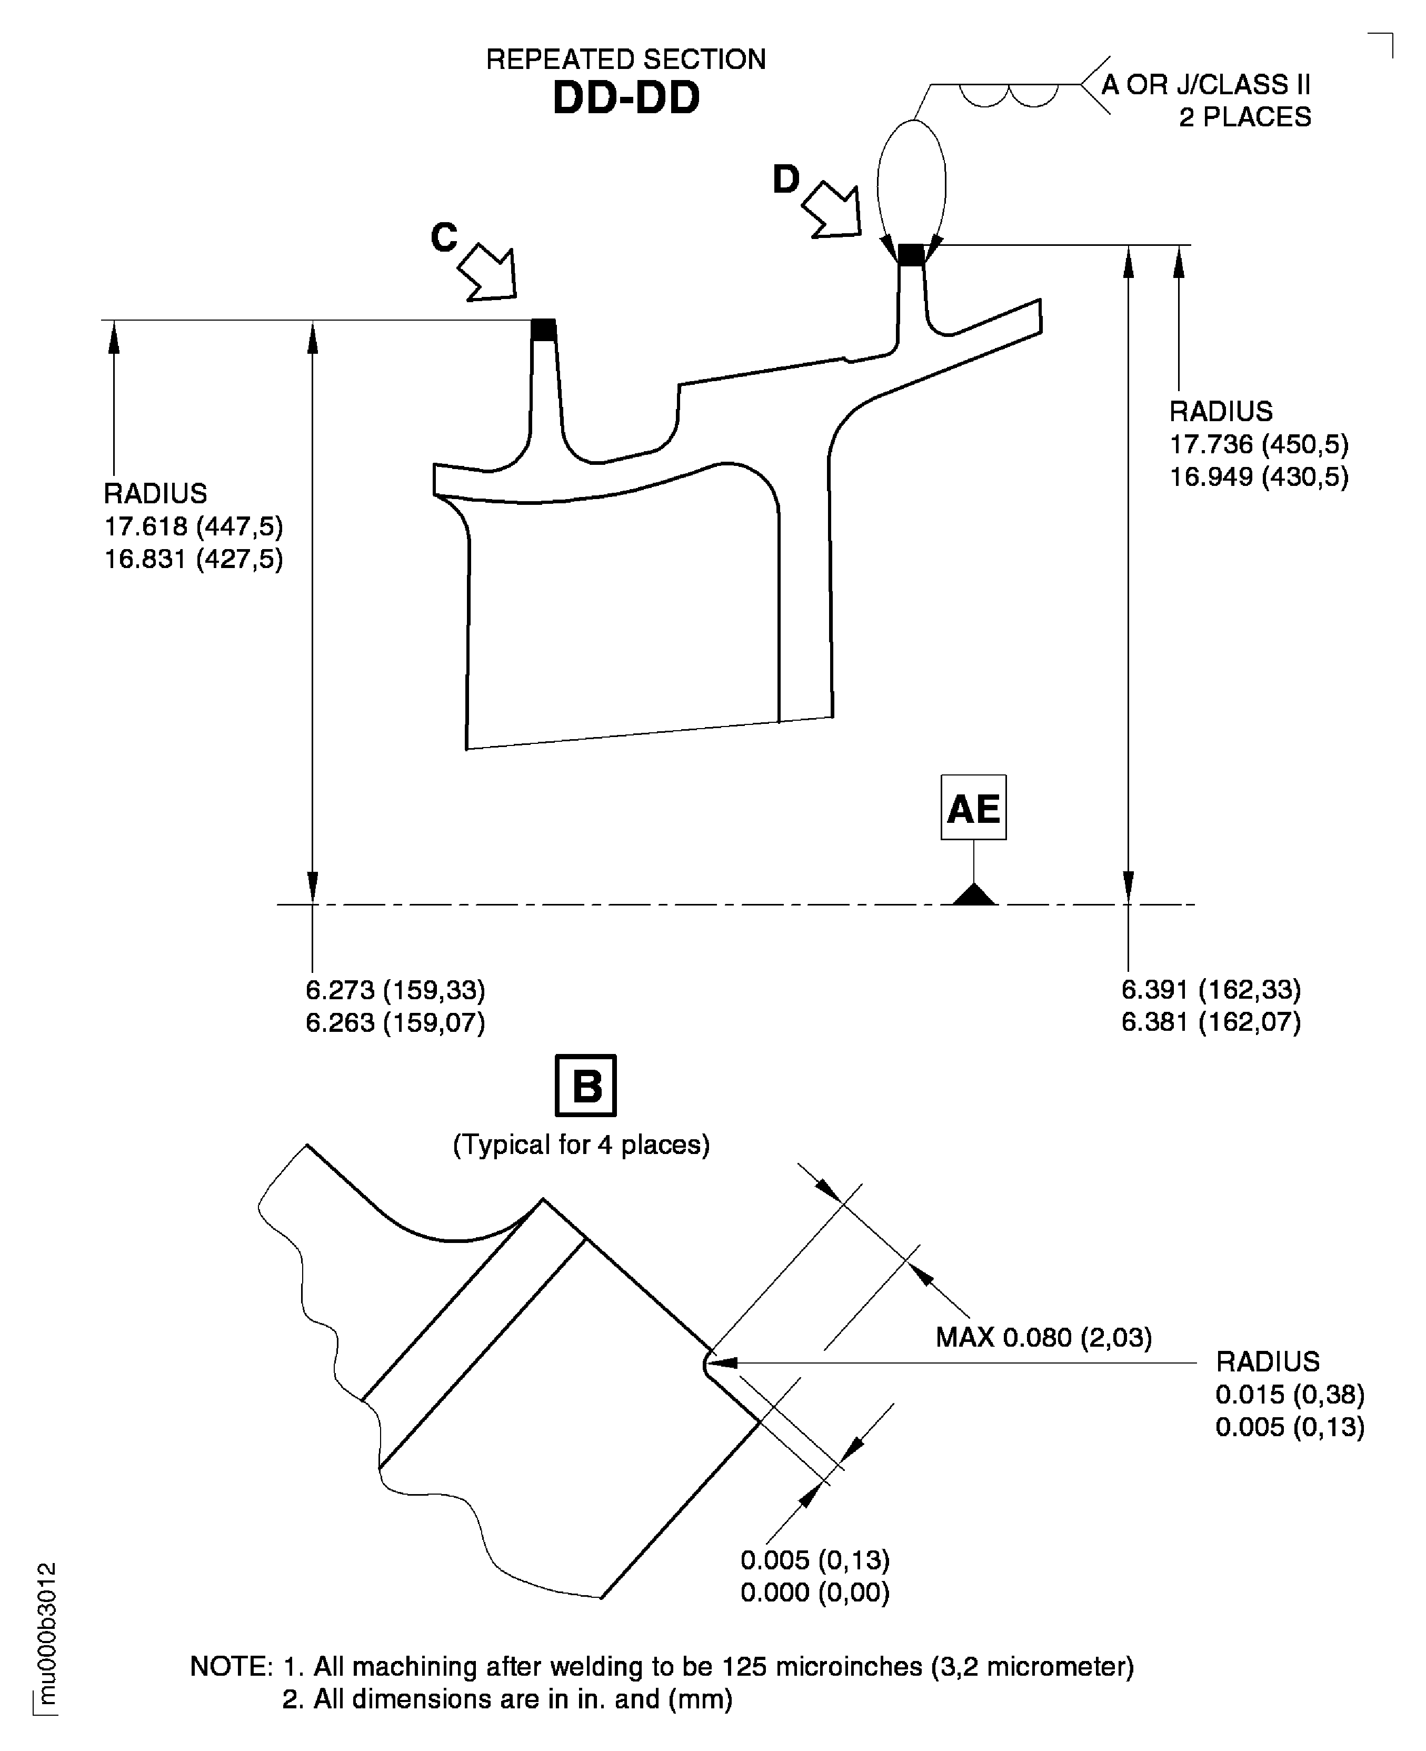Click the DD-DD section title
point(626,98)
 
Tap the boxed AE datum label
point(973,808)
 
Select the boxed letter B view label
point(586,1086)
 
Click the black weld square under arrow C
point(543,330)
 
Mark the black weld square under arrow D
point(910,255)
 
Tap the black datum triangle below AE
point(974,895)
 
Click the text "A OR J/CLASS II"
point(1205,85)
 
